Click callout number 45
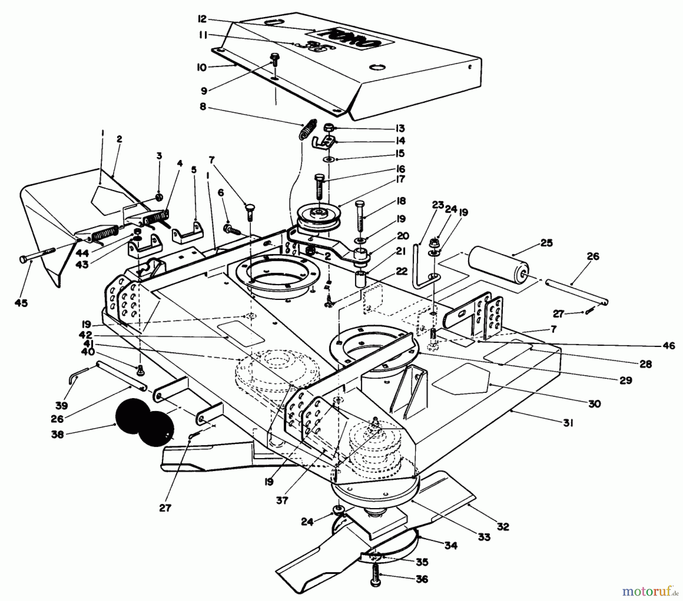point(22,303)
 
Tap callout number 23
point(438,205)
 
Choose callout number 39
point(61,405)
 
